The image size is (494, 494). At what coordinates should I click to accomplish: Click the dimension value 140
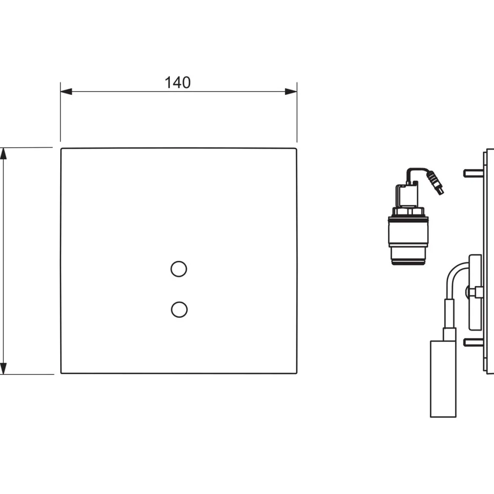pos(178,82)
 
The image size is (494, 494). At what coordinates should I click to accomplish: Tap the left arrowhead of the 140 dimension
pos(66,91)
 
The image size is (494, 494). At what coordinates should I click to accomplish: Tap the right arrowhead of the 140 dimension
pos(291,91)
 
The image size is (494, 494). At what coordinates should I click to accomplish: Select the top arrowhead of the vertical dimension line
pos(3,154)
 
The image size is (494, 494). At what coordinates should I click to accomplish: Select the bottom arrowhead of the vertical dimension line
pos(3,369)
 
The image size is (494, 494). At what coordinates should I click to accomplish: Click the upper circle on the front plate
pos(179,269)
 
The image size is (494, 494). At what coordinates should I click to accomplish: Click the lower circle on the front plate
pos(179,309)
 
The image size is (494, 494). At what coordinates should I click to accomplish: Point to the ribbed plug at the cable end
pos(435,183)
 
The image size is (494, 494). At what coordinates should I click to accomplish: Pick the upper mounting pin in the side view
pos(473,173)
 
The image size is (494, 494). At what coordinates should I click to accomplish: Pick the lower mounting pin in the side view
pos(473,342)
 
